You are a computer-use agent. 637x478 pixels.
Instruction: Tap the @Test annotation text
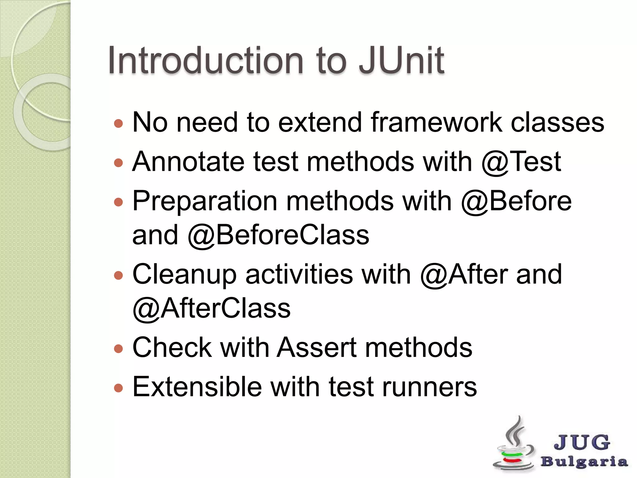coord(521,162)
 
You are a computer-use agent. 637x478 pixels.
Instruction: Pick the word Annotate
coord(188,162)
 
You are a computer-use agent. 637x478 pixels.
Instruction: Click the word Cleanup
coord(184,274)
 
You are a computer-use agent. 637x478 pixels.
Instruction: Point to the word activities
coord(299,274)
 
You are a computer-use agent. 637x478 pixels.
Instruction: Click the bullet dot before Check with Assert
coord(118,348)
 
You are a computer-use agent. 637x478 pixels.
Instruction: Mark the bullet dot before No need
coord(118,124)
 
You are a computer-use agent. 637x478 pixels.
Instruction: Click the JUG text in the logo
coord(582,442)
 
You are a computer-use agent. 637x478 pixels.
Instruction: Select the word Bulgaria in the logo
coord(584,462)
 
